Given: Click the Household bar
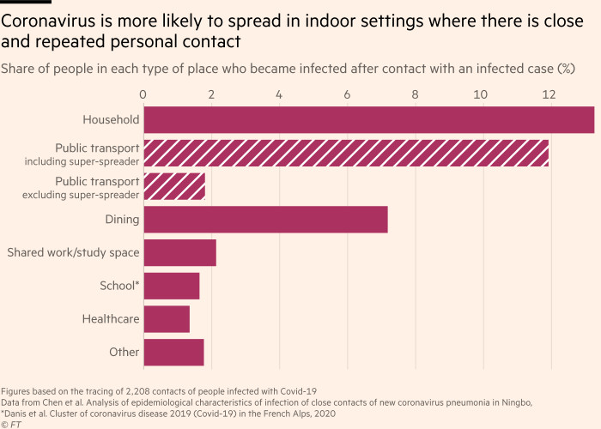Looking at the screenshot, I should (369, 120).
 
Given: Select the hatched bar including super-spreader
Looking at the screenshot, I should (346, 153).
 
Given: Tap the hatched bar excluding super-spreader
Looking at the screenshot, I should (174, 186).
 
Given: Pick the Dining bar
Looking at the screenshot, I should (265, 220).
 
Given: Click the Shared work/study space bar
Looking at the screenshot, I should (179, 252).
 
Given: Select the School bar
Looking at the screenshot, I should (172, 286).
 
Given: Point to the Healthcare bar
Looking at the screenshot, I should (167, 319).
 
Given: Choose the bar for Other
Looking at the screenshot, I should (173, 352).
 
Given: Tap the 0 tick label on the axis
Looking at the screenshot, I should (143, 94).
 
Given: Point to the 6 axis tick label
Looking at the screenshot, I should (347, 94).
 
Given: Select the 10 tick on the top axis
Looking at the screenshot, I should (481, 94).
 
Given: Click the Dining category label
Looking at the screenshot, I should (123, 220).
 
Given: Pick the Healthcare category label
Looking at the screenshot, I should (111, 319).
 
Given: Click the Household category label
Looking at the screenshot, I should (111, 120).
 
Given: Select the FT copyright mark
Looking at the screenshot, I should (11, 423).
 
